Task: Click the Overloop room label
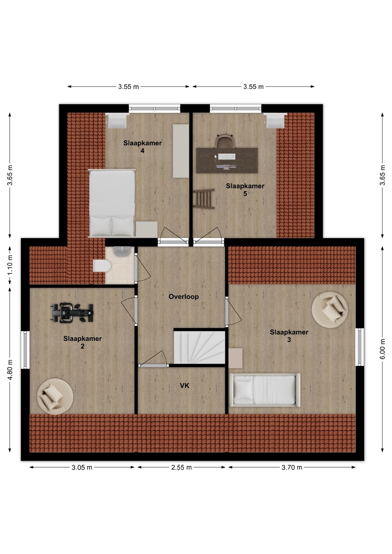tap(184, 297)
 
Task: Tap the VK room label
tap(184, 385)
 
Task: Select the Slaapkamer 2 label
tap(82, 342)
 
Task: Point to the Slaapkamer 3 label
tap(289, 335)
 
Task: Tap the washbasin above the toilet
tap(122, 251)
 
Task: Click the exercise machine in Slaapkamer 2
tap(73, 313)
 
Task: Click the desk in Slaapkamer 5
tap(227, 160)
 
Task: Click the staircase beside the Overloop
tap(199, 347)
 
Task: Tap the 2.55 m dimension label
tap(181, 467)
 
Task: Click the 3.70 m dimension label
tap(292, 467)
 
